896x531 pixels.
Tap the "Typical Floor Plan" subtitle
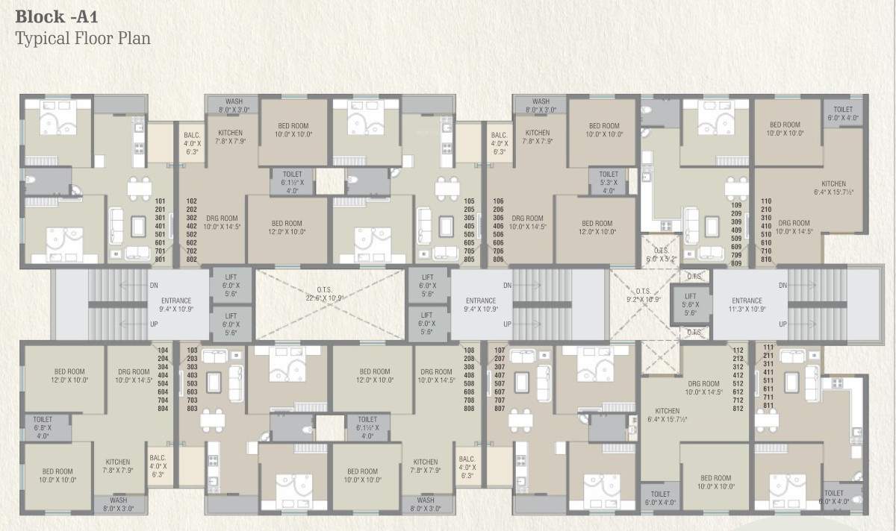pyautogui.click(x=83, y=37)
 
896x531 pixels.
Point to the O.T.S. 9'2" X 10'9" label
pyautogui.click(x=643, y=295)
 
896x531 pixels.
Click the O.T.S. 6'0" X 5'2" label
pyautogui.click(x=661, y=255)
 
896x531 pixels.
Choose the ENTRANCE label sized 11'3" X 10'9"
pyautogui.click(x=747, y=305)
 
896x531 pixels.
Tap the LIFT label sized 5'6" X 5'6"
pyautogui.click(x=691, y=305)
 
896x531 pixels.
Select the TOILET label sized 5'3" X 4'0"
pyautogui.click(x=609, y=182)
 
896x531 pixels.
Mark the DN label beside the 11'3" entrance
pyautogui.click(x=783, y=286)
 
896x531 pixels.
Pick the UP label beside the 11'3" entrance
pyautogui.click(x=783, y=324)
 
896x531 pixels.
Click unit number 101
pyautogui.click(x=160, y=201)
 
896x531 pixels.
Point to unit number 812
pyautogui.click(x=738, y=409)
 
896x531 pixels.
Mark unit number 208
pyautogui.click(x=469, y=359)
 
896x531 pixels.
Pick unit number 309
pyautogui.click(x=736, y=222)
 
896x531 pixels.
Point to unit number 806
pyautogui.click(x=498, y=260)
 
